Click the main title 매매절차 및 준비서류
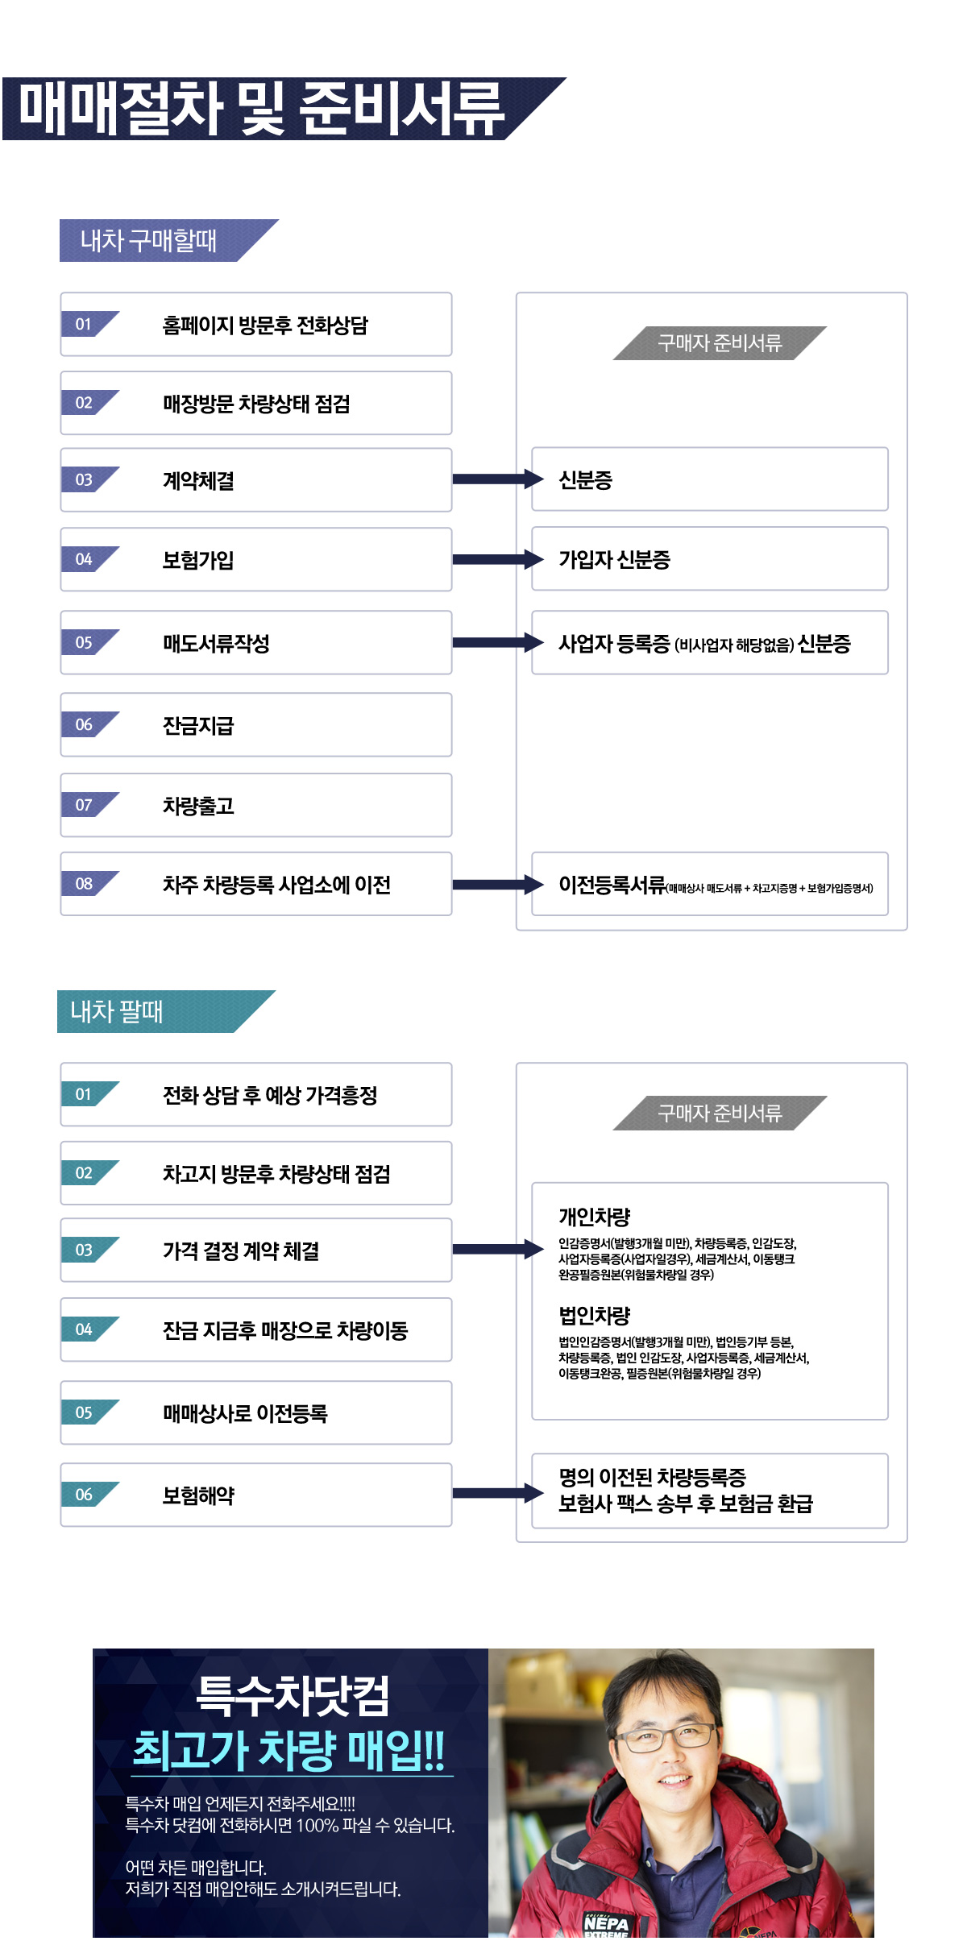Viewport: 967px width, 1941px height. pos(262,109)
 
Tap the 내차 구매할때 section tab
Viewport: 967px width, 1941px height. pos(148,240)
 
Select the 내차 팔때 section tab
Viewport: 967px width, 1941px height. pos(117,1011)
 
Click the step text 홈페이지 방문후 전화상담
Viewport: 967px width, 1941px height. pos(265,325)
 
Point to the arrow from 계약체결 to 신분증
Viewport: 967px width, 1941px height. pos(498,479)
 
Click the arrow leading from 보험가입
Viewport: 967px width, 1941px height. pos(498,559)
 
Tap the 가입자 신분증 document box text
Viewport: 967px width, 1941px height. pos(614,559)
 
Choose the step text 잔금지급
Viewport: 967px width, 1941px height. pos(198,725)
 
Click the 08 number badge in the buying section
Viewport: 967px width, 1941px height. pos(84,884)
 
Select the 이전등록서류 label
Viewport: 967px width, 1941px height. pos(612,885)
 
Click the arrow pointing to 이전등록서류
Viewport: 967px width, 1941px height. pos(498,885)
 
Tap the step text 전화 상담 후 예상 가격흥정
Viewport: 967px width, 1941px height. pos(270,1095)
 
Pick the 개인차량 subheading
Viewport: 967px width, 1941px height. pos(595,1217)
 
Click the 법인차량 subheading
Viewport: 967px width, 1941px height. pos(595,1315)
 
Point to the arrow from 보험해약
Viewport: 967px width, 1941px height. pos(498,1493)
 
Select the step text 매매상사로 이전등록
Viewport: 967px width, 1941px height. pos(245,1413)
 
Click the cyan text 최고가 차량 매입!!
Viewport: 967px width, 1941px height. pos(289,1750)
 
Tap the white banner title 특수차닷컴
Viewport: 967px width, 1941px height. pos(293,1694)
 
